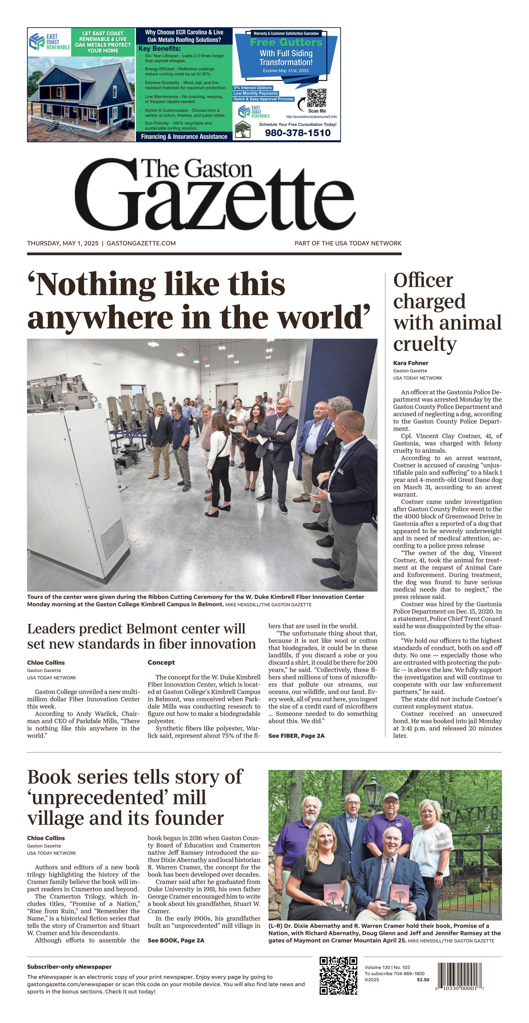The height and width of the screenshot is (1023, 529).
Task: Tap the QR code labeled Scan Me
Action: pyautogui.click(x=317, y=98)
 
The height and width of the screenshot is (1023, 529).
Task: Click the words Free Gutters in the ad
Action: pyautogui.click(x=286, y=43)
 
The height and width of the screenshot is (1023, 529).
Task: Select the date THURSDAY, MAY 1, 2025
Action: pyautogui.click(x=63, y=243)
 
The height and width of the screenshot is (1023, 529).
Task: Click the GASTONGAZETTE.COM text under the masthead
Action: pyautogui.click(x=141, y=243)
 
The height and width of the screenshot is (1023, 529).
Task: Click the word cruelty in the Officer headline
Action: pyautogui.click(x=425, y=344)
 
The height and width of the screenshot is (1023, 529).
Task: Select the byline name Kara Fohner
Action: pyautogui.click(x=410, y=363)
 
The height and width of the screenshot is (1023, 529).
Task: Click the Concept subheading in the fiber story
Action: pyautogui.click(x=161, y=662)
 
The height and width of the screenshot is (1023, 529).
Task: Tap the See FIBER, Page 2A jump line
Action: pyautogui.click(x=296, y=736)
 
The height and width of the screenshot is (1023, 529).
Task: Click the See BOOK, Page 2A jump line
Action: pyautogui.click(x=176, y=940)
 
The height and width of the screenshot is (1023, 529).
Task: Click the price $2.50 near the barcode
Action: pyautogui.click(x=423, y=980)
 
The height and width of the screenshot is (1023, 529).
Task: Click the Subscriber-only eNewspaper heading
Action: pyautogui.click(x=69, y=967)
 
